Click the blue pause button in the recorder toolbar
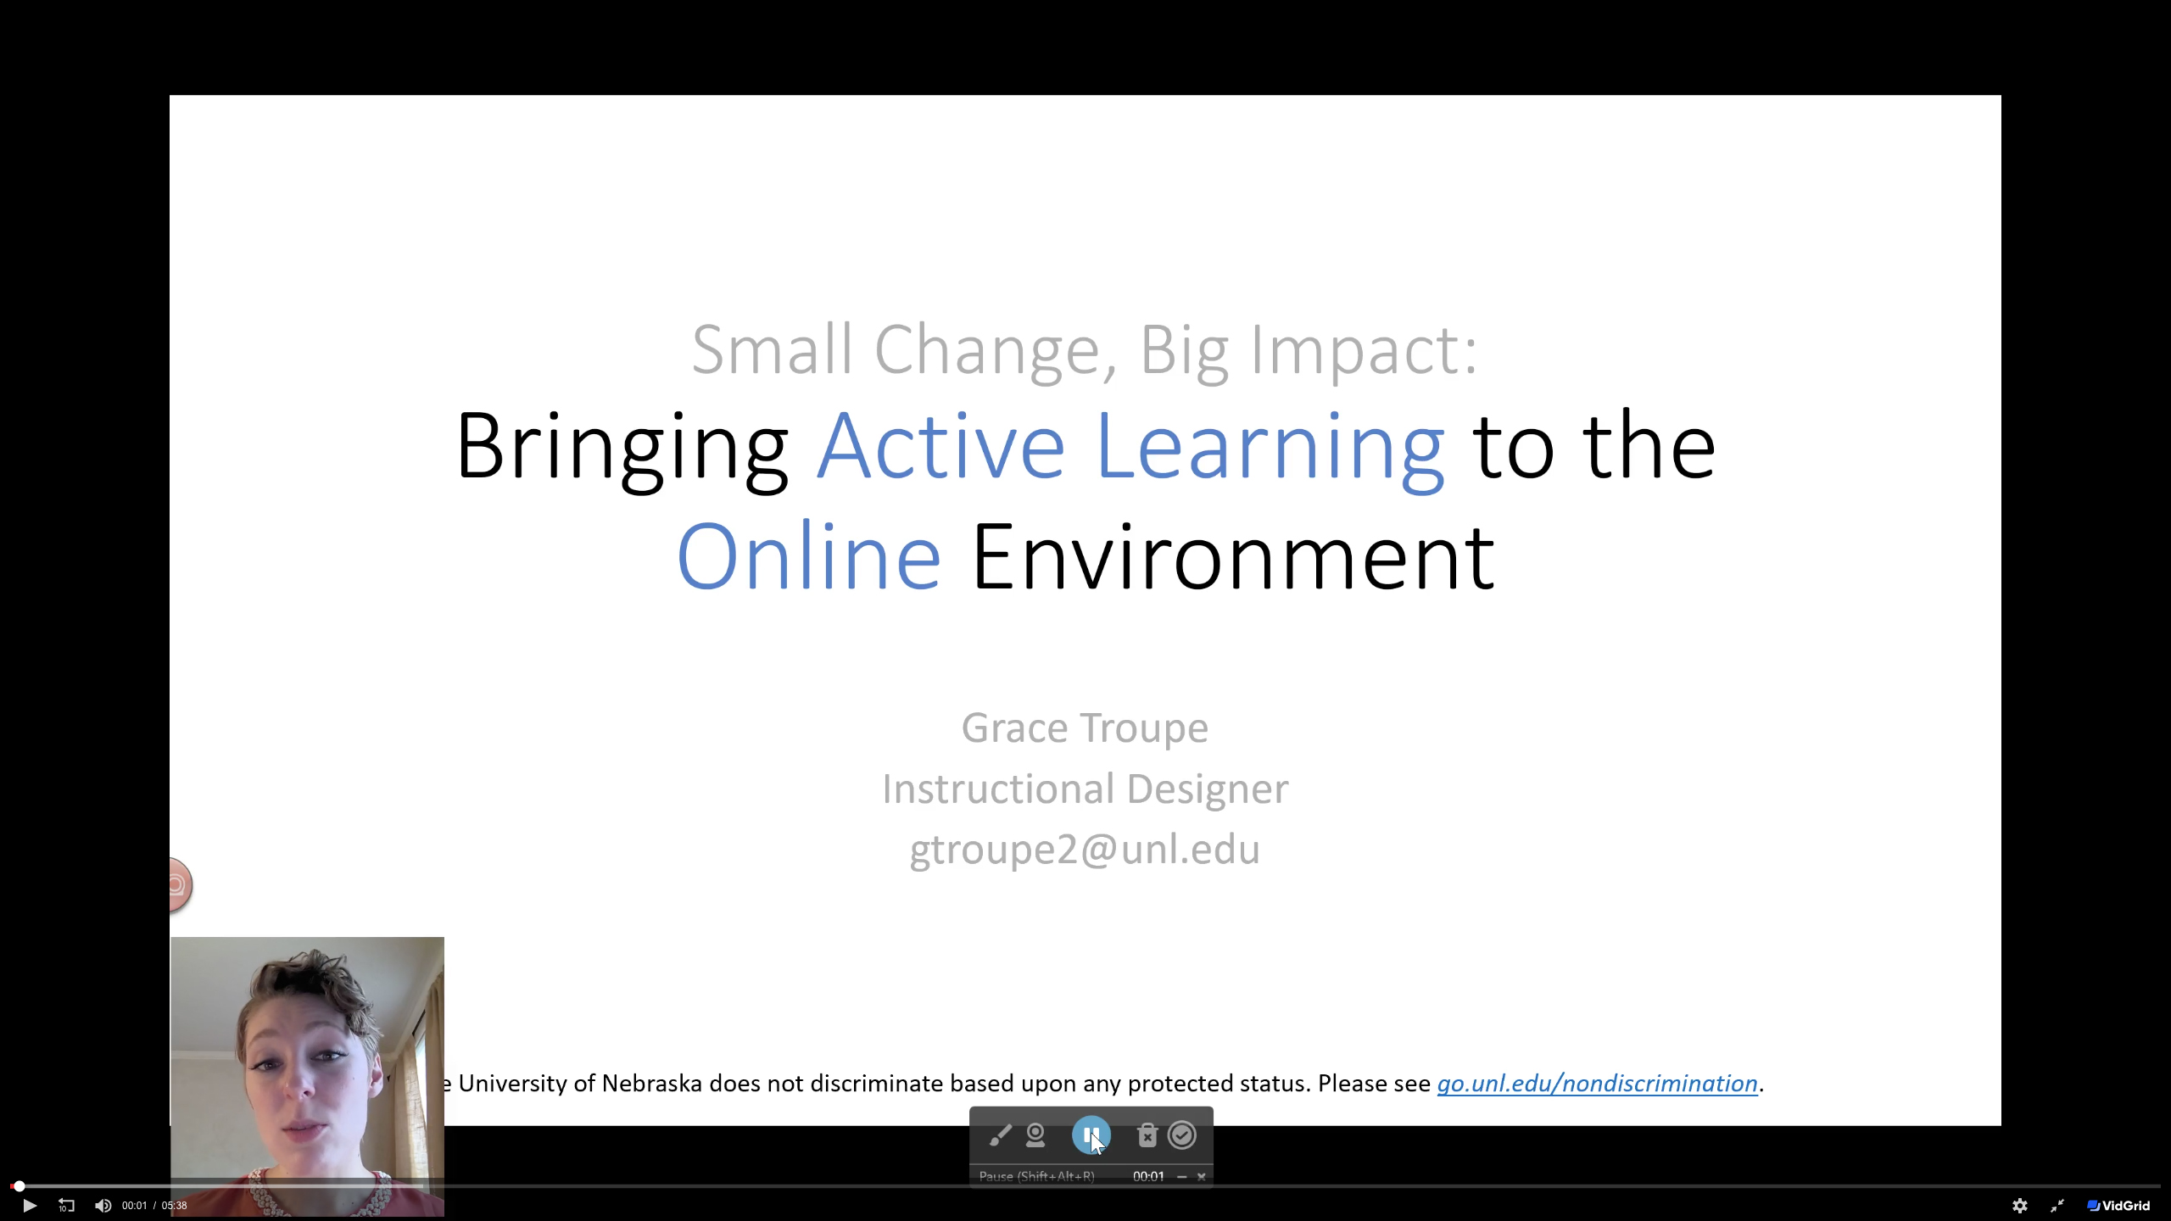click(1091, 1135)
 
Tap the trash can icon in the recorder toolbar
click(1147, 1135)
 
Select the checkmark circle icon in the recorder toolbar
click(1182, 1135)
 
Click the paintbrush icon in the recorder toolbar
click(1000, 1135)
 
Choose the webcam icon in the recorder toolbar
click(1035, 1135)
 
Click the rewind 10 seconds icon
click(66, 1205)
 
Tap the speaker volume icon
click(103, 1205)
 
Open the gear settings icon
click(2020, 1206)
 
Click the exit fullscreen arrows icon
click(2057, 1206)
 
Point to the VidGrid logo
click(2118, 1206)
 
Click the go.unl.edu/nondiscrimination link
click(1597, 1084)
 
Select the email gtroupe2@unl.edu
click(1085, 850)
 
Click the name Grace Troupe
click(1085, 728)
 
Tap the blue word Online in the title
click(809, 556)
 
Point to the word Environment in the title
click(1233, 556)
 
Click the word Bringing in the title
click(622, 448)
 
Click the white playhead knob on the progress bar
click(19, 1186)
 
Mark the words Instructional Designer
click(1085, 789)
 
